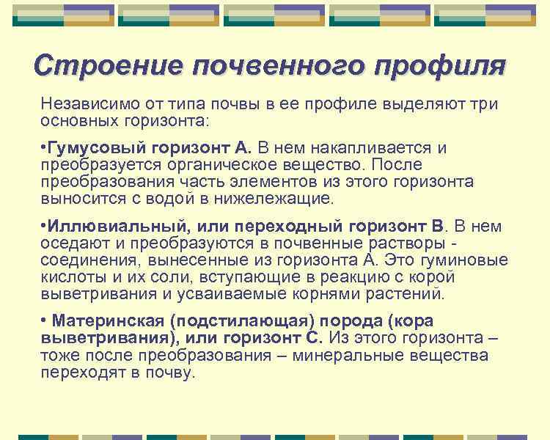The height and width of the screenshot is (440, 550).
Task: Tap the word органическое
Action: (x=231, y=165)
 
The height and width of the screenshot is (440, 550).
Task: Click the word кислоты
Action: (x=73, y=277)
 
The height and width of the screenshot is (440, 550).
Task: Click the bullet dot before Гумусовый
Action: (x=43, y=148)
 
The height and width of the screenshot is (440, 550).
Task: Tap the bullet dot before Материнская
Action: (x=44, y=322)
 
